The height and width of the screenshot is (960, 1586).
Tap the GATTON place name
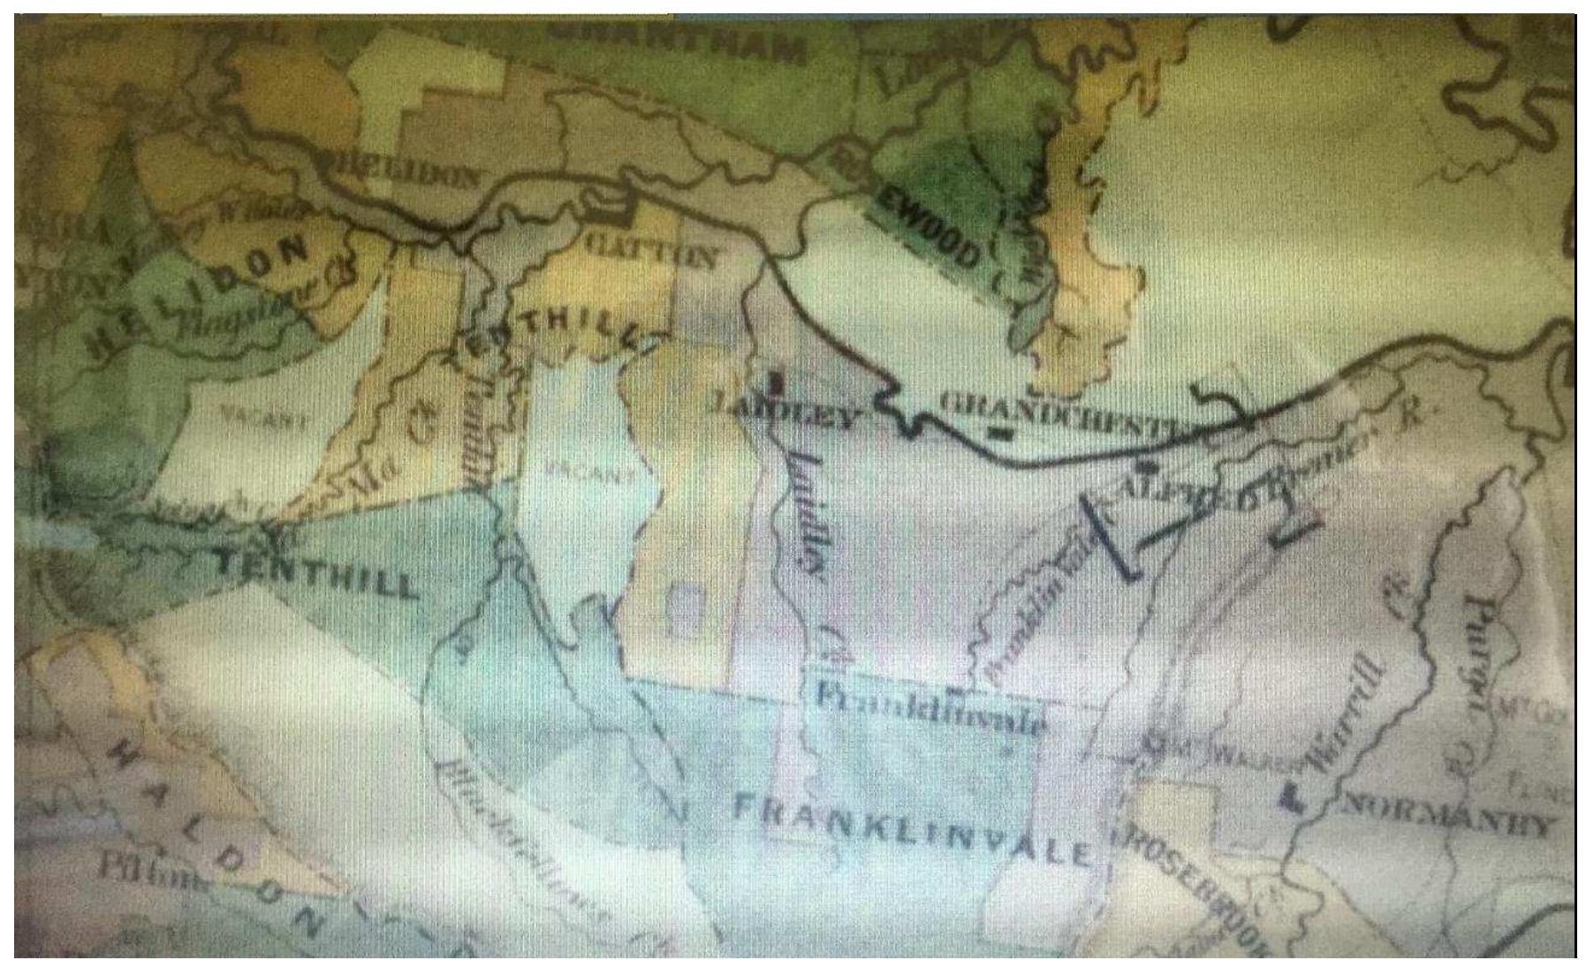pyautogui.click(x=649, y=251)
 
